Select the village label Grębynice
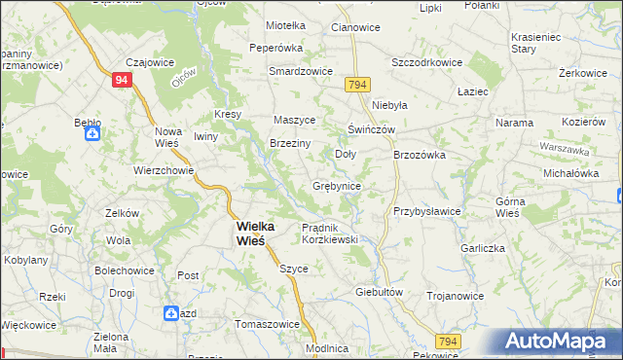(x=337, y=185)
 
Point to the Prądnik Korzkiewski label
(x=330, y=233)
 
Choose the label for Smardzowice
(x=302, y=71)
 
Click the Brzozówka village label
(x=419, y=154)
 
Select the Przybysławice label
(x=426, y=211)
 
